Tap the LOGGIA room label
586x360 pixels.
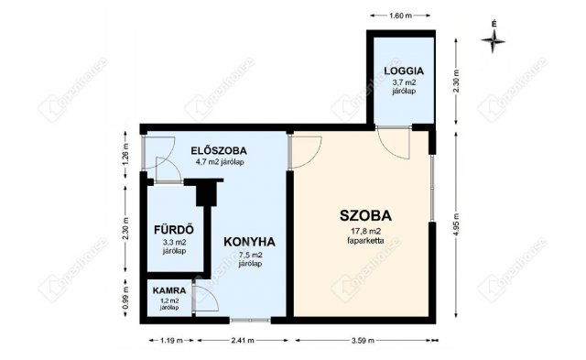403,70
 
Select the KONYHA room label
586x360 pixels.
249,242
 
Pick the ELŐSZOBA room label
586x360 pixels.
218,150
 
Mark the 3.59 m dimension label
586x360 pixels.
364,340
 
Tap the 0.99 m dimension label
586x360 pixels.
125,299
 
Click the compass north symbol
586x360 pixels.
494,38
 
